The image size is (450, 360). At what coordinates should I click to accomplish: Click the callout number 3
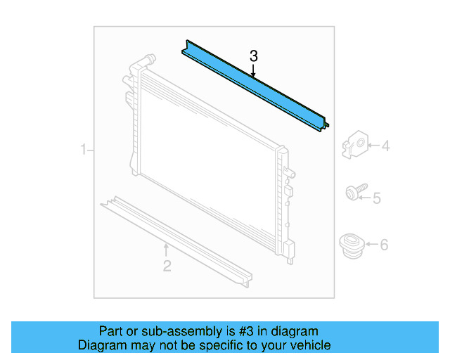[254, 56]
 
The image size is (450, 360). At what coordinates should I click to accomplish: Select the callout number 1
[83, 150]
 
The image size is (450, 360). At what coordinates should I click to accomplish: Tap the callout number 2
[167, 265]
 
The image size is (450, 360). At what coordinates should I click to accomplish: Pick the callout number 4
[385, 146]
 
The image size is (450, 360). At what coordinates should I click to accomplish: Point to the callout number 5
[376, 198]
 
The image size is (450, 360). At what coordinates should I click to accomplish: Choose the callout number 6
[383, 245]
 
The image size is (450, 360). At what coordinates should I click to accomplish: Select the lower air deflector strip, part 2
[176, 235]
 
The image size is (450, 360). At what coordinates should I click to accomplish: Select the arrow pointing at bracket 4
[373, 146]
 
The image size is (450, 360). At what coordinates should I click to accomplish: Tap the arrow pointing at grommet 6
[371, 245]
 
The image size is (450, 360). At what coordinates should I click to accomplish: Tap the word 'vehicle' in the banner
[309, 345]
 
